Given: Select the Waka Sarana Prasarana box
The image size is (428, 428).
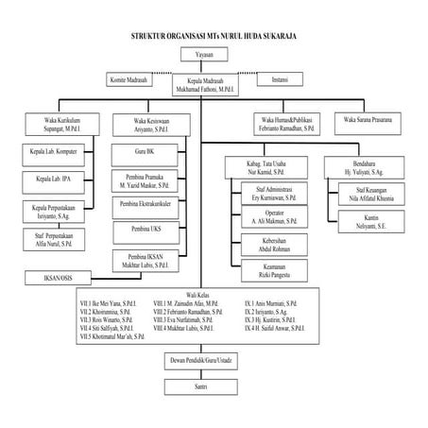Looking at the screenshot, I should tap(368, 121).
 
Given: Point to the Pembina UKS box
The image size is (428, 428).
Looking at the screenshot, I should tap(146, 230).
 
